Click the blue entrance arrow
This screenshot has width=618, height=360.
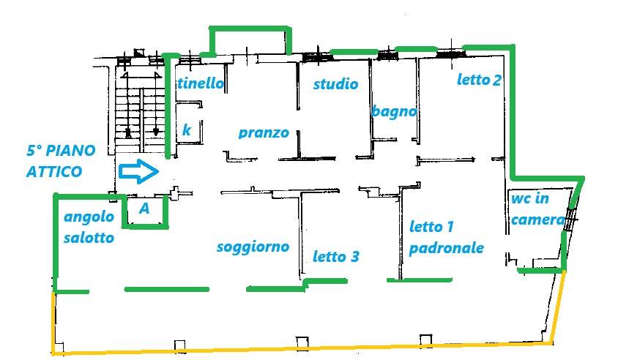[138, 171]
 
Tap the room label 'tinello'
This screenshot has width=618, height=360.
[201, 83]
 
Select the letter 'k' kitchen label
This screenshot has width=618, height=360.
[187, 130]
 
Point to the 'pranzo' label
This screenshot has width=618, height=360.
[264, 133]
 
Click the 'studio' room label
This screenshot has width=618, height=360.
[335, 83]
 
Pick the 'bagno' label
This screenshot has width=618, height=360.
[394, 112]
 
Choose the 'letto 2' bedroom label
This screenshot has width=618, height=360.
[479, 80]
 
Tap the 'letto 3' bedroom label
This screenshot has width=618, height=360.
[336, 256]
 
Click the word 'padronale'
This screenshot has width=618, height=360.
[447, 249]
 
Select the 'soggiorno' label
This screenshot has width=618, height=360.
[253, 247]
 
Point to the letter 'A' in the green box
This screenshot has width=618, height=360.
[144, 209]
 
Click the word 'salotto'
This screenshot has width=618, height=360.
[89, 238]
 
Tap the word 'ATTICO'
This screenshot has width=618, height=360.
[54, 172]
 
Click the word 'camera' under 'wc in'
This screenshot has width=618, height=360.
[537, 220]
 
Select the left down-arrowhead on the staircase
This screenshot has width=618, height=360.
[128, 133]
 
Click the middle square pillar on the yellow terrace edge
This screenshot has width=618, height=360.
[302, 343]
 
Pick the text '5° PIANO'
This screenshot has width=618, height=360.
[61, 151]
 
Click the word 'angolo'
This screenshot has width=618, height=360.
[89, 217]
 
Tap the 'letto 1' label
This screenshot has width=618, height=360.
[431, 227]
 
